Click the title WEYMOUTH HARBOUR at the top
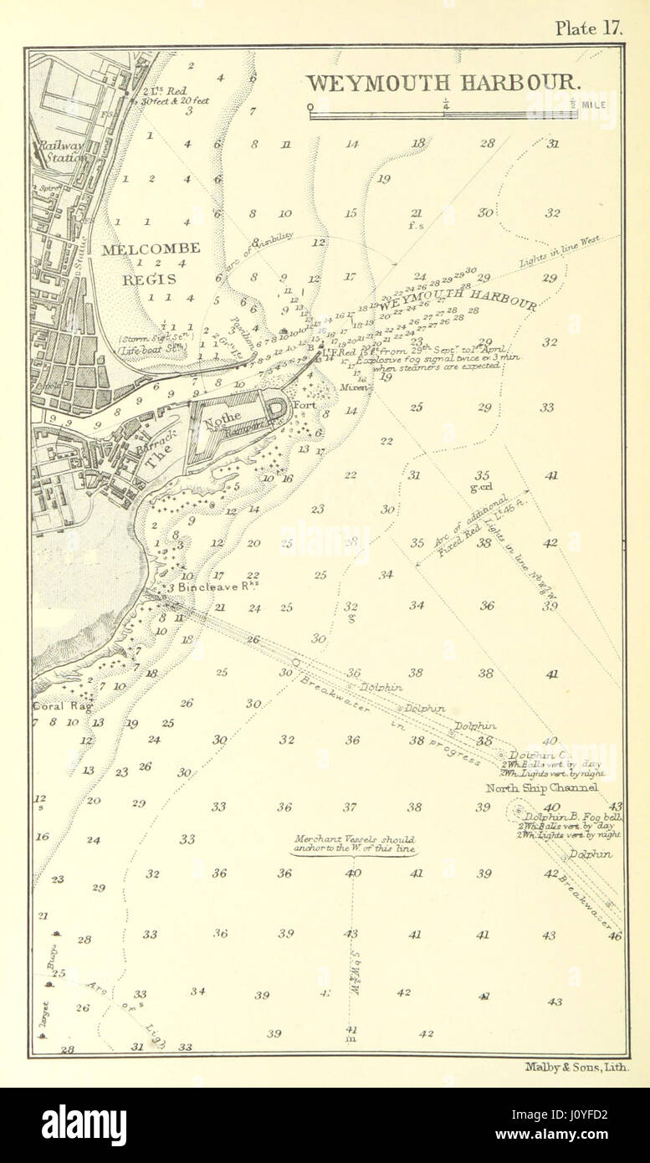click(443, 83)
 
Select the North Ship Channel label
click(542, 788)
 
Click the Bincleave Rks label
click(206, 589)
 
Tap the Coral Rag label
click(54, 705)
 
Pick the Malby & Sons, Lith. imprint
click(576, 1067)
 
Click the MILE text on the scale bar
click(596, 105)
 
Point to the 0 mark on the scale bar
click(310, 106)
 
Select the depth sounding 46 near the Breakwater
click(615, 936)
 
